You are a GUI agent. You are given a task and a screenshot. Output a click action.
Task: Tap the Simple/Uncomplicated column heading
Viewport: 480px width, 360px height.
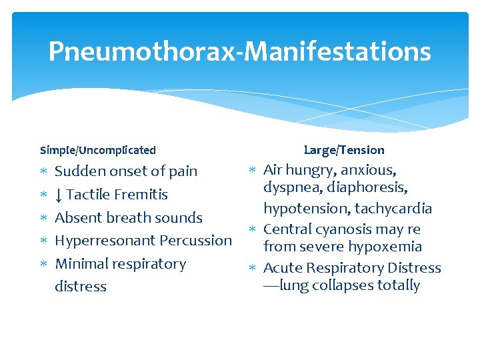point(98,150)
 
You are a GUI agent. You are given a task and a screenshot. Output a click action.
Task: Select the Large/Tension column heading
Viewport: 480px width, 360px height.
point(344,150)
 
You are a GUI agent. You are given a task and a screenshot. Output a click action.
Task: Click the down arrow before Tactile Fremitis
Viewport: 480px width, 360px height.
point(59,195)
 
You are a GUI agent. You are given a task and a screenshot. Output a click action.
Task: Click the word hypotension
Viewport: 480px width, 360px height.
point(307,209)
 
